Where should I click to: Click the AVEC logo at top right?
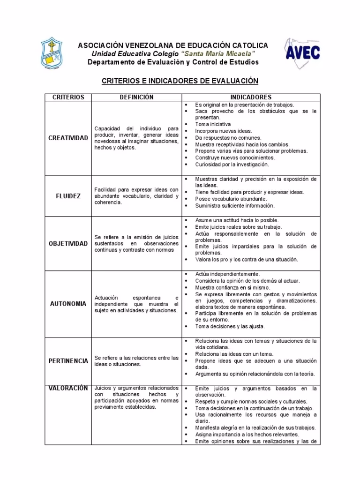tap(302, 53)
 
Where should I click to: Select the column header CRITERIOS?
tap(68, 97)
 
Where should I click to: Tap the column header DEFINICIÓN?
tap(136, 97)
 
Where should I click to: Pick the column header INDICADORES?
tap(251, 97)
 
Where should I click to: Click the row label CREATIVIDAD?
tap(68, 138)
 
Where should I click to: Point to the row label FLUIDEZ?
tap(68, 196)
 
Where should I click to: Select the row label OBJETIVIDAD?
tap(68, 243)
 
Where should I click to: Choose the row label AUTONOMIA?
tap(68, 304)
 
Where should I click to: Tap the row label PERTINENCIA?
tap(68, 361)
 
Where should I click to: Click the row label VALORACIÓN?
tap(68, 388)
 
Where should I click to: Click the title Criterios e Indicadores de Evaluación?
tap(180, 81)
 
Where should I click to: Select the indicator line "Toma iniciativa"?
tap(213, 125)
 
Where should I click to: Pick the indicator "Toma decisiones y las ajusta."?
tap(230, 326)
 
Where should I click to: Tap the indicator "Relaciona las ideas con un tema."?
tap(234, 354)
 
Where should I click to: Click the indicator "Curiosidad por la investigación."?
tap(232, 165)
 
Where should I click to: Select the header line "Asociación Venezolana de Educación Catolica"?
tap(173, 45)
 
